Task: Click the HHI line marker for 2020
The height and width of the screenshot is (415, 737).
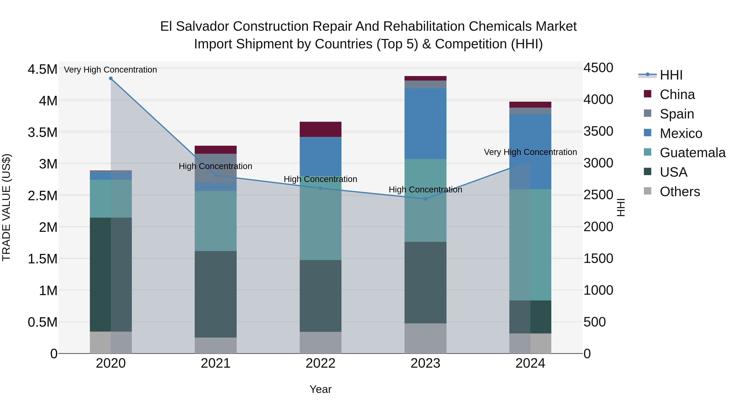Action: [x=111, y=78]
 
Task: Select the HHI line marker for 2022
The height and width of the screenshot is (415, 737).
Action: [x=320, y=188]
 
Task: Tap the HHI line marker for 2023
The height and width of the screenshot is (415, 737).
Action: [x=425, y=199]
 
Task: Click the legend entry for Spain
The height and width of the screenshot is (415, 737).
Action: [x=677, y=114]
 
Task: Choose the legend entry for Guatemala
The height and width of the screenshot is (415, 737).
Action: [x=692, y=153]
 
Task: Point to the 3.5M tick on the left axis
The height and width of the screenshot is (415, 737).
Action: [x=42, y=133]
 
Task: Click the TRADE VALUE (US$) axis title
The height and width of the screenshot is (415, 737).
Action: [x=6, y=207]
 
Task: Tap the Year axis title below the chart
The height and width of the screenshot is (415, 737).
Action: [x=320, y=389]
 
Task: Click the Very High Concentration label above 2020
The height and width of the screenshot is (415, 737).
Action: [x=110, y=70]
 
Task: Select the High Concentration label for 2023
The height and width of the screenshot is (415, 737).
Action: [x=425, y=190]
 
